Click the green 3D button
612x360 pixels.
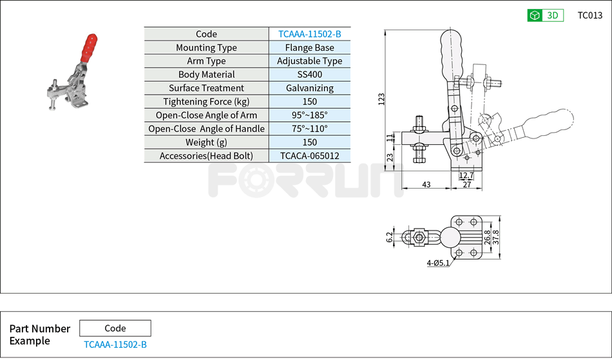pos(545,15)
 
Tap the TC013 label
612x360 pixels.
pos(589,15)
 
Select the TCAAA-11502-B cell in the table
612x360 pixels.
pos(309,34)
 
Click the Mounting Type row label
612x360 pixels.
pos(206,48)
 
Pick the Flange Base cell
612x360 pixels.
pos(309,48)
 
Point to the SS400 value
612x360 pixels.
pos(309,75)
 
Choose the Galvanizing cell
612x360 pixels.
pos(309,88)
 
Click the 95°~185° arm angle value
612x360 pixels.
pos(309,115)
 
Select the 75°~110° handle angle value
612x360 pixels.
pos(309,129)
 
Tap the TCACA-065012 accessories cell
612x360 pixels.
pos(309,156)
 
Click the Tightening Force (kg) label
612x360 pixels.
pos(206,102)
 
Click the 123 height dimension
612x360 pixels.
pos(381,99)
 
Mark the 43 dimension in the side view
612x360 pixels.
pos(426,185)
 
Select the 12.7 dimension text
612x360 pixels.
pos(466,175)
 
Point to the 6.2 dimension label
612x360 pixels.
pos(389,238)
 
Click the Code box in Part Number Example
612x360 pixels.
pos(115,328)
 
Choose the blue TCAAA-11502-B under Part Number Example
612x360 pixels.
pos(115,345)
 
